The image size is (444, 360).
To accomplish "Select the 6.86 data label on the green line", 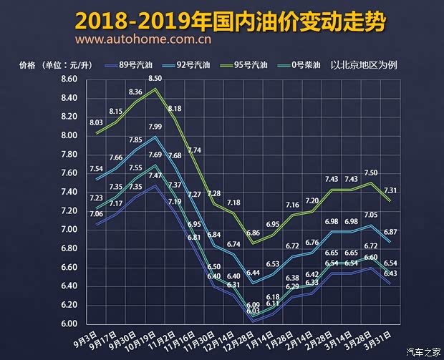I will tap(253, 233).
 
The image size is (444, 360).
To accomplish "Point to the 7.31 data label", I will tap(392, 189).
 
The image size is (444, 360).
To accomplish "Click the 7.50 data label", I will tap(370, 172).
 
